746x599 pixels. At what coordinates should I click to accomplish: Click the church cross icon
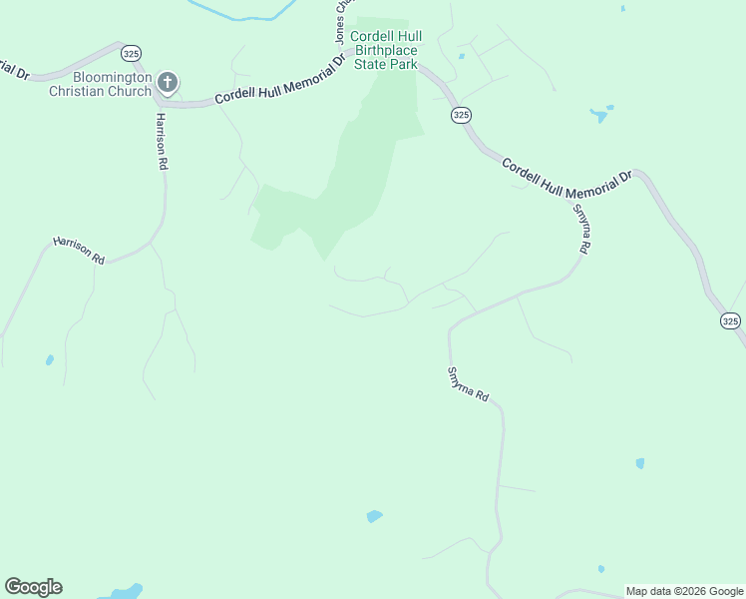pyautogui.click(x=169, y=82)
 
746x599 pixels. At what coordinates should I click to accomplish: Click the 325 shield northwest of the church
pyautogui.click(x=131, y=52)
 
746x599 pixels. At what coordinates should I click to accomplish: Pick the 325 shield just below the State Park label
pyautogui.click(x=460, y=116)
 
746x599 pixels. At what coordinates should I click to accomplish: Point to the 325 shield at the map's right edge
pyautogui.click(x=730, y=320)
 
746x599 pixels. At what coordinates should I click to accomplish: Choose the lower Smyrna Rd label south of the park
pyautogui.click(x=467, y=383)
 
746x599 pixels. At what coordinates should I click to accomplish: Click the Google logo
pyautogui.click(x=33, y=587)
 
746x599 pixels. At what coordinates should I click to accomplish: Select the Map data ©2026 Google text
pyautogui.click(x=684, y=591)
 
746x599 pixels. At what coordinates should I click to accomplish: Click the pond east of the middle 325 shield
pyautogui.click(x=600, y=114)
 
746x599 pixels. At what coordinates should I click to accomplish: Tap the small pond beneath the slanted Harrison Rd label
pyautogui.click(x=49, y=360)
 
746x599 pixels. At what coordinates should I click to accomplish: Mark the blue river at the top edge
pyautogui.click(x=239, y=12)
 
